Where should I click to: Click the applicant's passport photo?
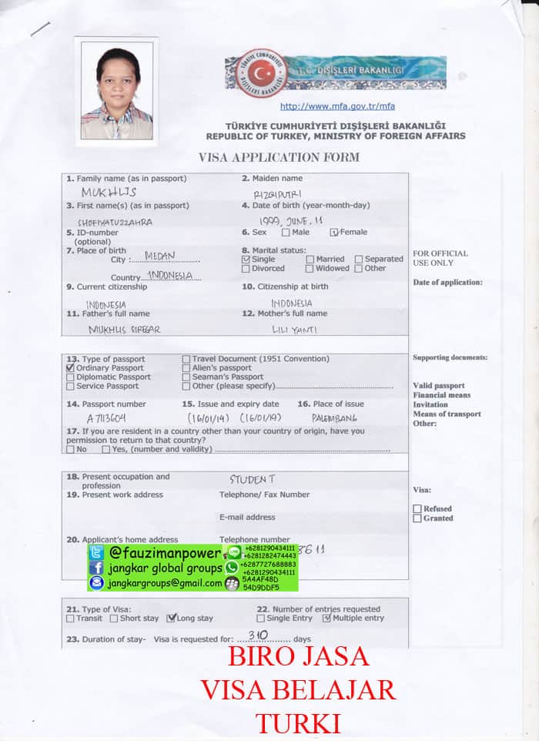click(x=117, y=90)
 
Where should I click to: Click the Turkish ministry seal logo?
click(x=263, y=74)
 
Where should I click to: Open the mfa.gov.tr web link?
click(x=337, y=106)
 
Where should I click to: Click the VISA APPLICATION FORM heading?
click(x=279, y=158)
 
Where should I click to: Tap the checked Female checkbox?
click(x=334, y=232)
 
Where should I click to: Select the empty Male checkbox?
click(x=286, y=232)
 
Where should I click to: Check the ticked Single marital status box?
click(x=246, y=260)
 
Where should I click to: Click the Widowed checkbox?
click(x=310, y=269)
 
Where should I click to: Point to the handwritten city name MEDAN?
click(x=159, y=256)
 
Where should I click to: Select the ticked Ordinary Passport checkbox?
click(x=71, y=368)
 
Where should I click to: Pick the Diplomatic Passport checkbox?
click(x=71, y=377)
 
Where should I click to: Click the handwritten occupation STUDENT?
click(x=252, y=479)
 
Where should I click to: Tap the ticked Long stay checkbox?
click(x=172, y=618)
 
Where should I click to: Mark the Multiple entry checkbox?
click(x=326, y=618)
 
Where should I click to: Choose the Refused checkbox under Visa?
click(x=417, y=508)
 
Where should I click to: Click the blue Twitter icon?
click(x=96, y=552)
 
